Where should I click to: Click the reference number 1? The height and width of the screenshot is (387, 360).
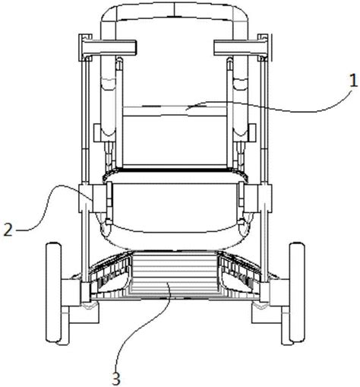(353, 81)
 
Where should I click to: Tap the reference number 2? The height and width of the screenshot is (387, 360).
(8, 230)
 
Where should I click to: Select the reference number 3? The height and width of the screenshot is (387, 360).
(116, 379)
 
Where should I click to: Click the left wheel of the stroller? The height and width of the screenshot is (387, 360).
(53, 281)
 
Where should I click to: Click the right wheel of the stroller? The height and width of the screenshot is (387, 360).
(297, 281)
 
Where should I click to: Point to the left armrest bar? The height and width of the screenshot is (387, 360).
(109, 48)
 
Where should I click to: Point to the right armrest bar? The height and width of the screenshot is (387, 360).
(242, 48)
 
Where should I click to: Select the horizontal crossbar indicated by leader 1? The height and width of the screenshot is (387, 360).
(175, 111)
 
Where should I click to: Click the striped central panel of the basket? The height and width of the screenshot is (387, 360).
(175, 273)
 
